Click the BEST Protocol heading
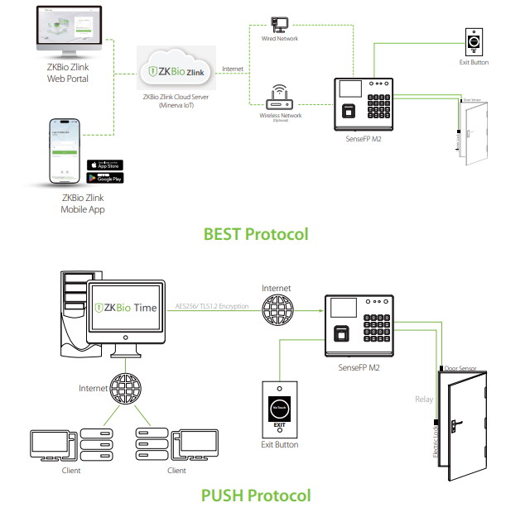256,234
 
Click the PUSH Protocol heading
256,495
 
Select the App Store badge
104,165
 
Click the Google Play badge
104,178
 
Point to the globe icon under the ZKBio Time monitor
128,388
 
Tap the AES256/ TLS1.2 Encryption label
212,305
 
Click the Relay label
423,400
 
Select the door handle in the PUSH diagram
455,427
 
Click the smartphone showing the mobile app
67,153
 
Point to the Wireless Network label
280,116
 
